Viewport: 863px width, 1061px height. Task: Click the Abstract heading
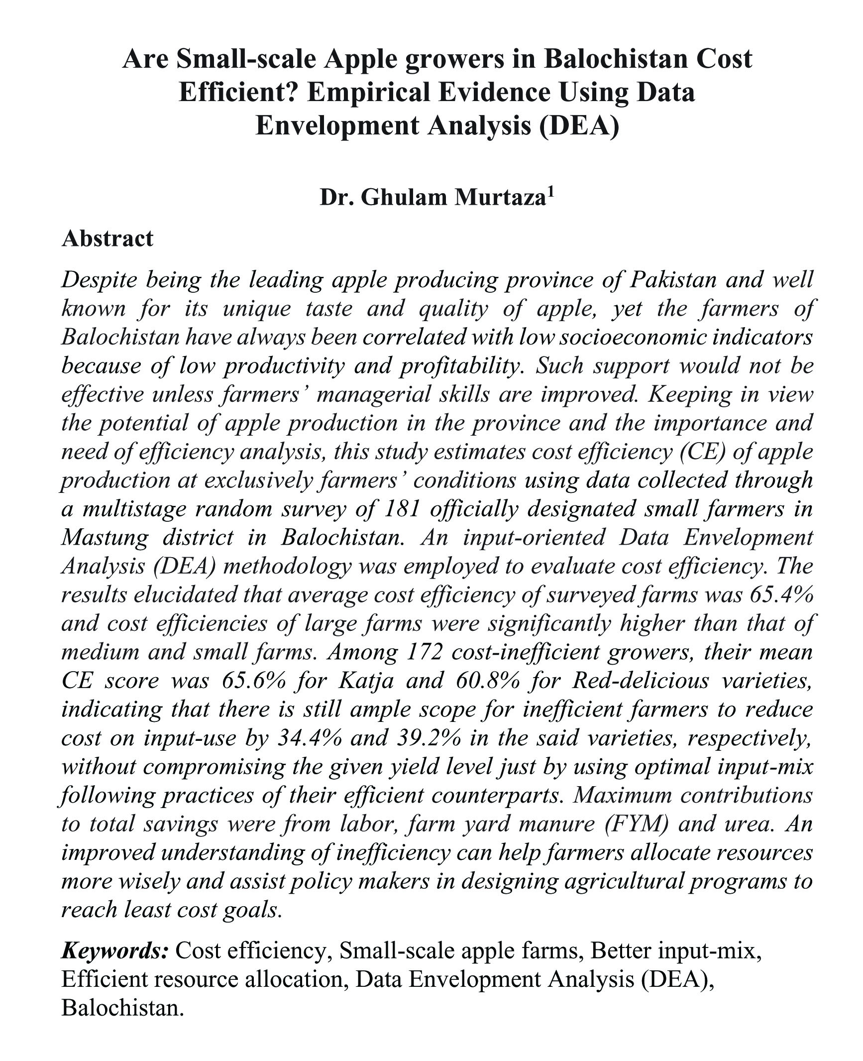(x=107, y=238)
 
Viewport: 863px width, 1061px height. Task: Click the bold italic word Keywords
(x=114, y=951)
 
